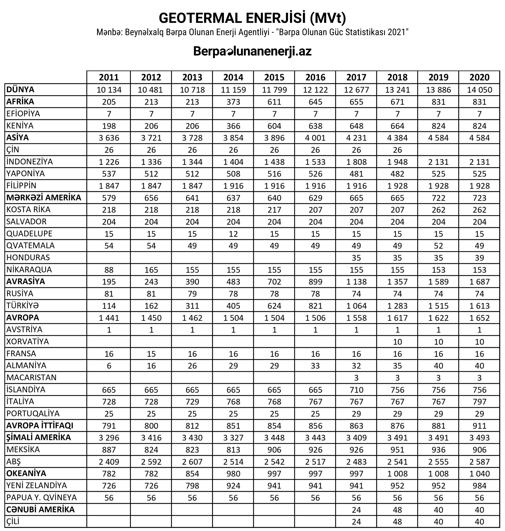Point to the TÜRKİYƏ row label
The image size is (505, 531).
pyautogui.click(x=22, y=305)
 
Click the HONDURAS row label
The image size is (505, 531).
pyautogui.click(x=28, y=258)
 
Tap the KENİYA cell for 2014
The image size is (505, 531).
pyautogui.click(x=233, y=126)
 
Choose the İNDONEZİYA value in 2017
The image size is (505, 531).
pyautogui.click(x=356, y=162)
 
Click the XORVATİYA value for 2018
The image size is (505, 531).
pyautogui.click(x=397, y=342)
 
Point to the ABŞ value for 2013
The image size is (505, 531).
pyautogui.click(x=192, y=462)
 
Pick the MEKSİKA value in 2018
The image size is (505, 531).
pyautogui.click(x=397, y=449)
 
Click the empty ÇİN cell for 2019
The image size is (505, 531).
pyautogui.click(x=438, y=150)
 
